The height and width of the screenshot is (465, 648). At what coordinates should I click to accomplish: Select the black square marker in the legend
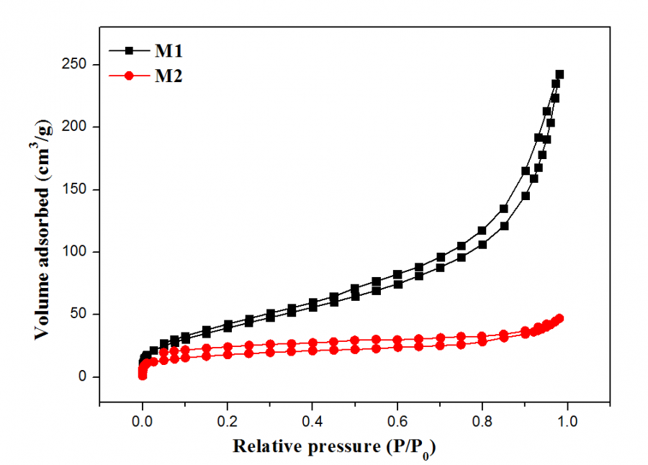pos(130,51)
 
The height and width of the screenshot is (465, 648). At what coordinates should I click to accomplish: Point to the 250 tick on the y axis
pos(81,65)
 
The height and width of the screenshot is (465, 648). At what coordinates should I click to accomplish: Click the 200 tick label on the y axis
pos(81,127)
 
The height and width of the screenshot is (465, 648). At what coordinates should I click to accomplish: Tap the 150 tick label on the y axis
pos(81,189)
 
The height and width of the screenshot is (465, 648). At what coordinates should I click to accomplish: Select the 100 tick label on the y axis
pos(81,252)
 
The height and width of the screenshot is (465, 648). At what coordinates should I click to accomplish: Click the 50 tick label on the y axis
pos(84,314)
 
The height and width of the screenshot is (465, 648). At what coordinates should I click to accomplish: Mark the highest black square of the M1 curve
pos(559,74)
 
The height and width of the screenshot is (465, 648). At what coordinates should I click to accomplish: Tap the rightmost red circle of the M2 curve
pos(559,318)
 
